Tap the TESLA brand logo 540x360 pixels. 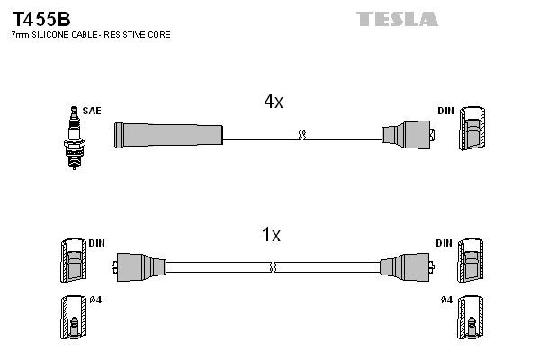tap(397, 18)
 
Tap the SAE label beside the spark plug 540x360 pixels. tap(91, 111)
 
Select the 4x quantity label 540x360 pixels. tap(274, 102)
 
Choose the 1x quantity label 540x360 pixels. tap(270, 235)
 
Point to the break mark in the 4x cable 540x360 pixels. tap(303, 135)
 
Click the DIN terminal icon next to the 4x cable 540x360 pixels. tap(473, 130)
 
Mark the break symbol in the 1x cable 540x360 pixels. tap(273, 266)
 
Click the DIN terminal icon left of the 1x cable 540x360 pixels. tap(73, 264)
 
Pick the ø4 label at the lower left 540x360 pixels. tap(96, 299)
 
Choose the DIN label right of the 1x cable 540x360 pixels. tap(444, 244)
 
